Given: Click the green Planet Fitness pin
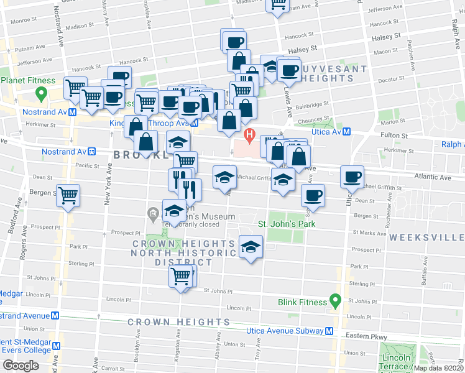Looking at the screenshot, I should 42,94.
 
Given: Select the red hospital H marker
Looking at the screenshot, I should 250,134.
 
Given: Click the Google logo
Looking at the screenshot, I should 21,366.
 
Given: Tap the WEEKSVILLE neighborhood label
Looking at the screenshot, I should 426,237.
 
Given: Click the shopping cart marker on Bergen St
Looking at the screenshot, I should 68,195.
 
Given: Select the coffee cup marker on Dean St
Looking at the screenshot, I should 313,195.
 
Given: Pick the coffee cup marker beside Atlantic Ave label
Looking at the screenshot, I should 352,177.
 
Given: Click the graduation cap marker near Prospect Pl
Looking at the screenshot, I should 251,249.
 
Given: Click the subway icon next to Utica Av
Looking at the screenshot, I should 348,132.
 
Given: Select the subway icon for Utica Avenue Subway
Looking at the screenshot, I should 329,330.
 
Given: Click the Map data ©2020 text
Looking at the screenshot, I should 438,368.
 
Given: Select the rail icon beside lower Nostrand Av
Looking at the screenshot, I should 91,151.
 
